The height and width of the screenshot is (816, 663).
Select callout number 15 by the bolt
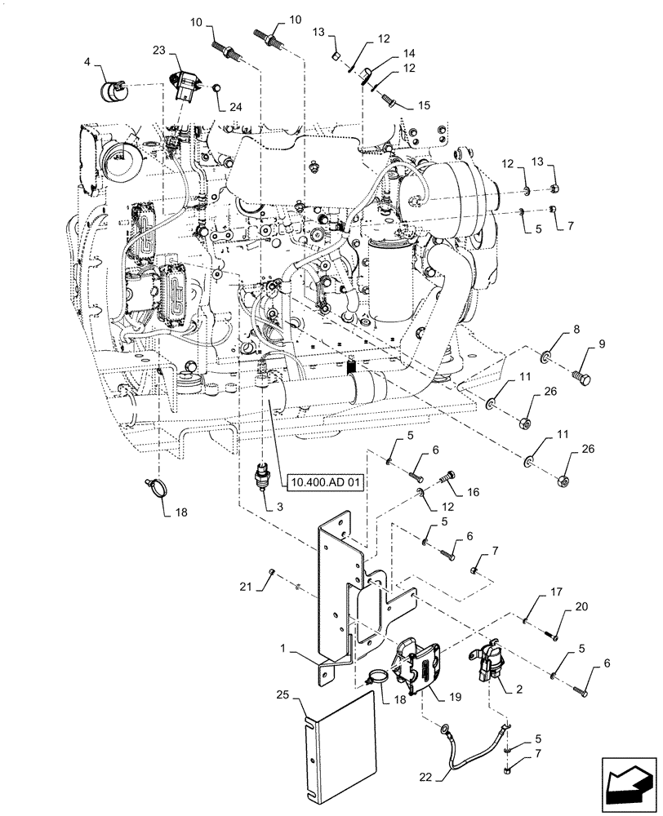(424, 104)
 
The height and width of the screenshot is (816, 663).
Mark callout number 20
(582, 606)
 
